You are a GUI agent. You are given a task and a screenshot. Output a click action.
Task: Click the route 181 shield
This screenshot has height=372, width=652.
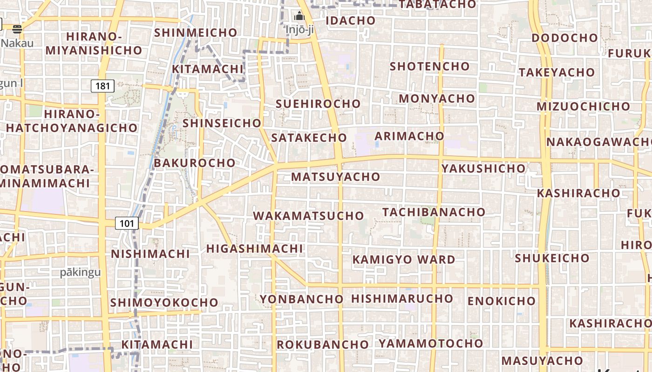102,86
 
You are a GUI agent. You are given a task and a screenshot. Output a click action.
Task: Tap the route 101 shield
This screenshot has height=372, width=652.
127,224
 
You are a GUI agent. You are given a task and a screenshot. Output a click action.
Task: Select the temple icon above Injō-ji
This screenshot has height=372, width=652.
299,17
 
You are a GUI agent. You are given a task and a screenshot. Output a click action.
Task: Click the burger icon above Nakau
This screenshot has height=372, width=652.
18,29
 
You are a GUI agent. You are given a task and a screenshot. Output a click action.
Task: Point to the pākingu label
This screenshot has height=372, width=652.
80,272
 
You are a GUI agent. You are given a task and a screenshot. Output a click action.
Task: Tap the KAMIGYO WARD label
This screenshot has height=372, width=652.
404,259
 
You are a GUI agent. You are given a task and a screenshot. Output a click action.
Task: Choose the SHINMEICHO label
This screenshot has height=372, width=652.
196,33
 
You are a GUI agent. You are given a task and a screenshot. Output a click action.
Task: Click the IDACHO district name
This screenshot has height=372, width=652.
350,20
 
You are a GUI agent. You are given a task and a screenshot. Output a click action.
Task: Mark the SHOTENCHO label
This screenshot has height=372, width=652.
429,66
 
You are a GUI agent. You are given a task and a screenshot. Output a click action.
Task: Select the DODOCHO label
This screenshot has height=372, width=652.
564,38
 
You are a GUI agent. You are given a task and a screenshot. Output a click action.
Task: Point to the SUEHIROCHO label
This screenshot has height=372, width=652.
318,104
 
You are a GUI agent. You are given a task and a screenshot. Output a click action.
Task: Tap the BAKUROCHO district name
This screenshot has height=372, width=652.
195,163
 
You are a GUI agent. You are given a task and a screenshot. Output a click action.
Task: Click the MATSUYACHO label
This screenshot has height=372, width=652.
336,177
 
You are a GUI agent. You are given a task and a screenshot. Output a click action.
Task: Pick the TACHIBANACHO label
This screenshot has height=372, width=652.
434,212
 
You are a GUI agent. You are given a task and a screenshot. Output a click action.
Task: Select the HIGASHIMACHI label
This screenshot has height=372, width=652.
255,249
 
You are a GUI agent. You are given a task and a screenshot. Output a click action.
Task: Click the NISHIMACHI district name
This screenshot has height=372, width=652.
150,254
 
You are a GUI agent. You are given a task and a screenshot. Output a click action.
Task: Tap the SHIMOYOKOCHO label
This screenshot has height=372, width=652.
164,303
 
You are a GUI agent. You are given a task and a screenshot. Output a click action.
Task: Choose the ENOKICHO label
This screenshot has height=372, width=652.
502,301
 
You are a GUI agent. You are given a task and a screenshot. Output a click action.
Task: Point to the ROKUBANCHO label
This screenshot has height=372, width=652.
323,345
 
